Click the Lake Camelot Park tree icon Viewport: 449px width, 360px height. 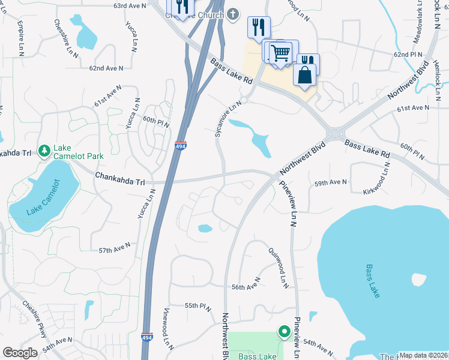[x=44, y=150]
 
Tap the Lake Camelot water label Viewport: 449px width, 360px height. [x=43, y=197]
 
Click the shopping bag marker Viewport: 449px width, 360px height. [x=305, y=74]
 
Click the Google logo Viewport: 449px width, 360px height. [x=20, y=353]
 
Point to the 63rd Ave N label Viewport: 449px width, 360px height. [x=130, y=5]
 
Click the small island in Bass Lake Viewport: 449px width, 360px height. [x=419, y=279]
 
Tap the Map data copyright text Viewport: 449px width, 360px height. [x=423, y=355]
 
